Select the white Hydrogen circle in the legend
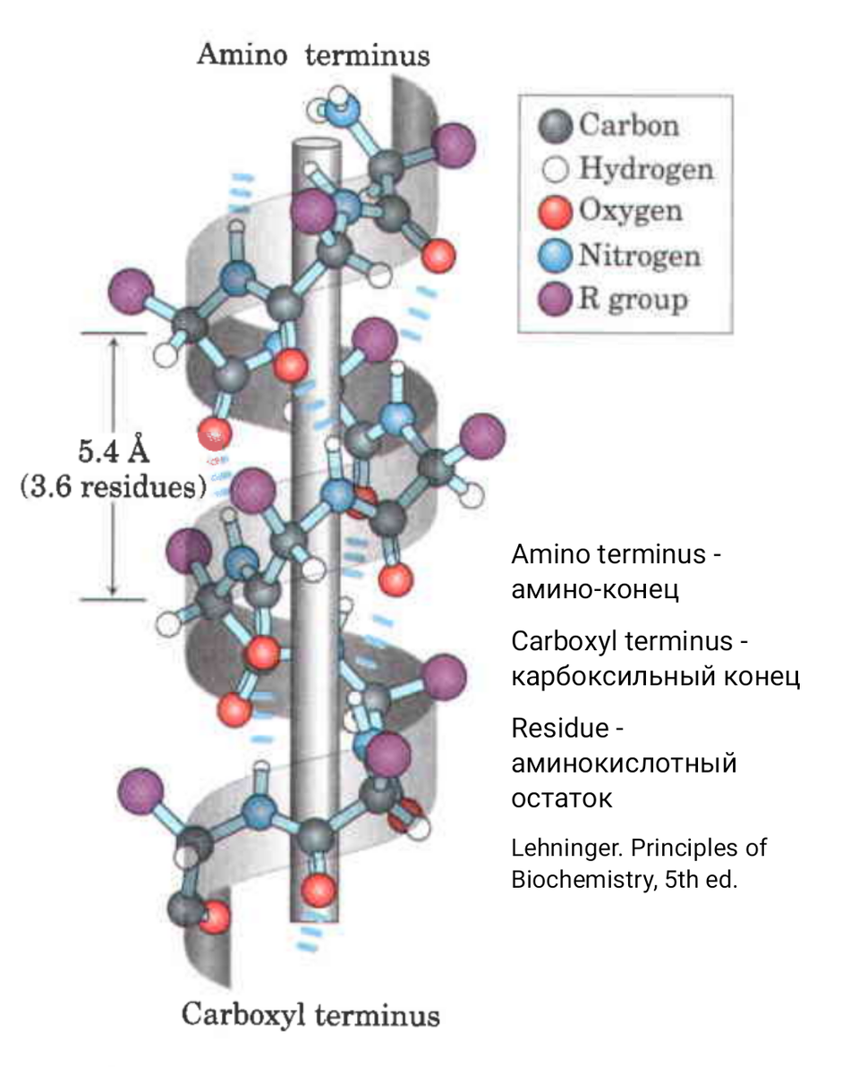click(x=556, y=168)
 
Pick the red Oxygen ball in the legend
click(x=556, y=212)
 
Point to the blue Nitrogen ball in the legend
click(x=556, y=256)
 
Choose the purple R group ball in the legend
click(x=556, y=300)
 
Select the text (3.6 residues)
click(x=113, y=489)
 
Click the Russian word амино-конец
click(x=594, y=589)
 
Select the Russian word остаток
click(x=561, y=798)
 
